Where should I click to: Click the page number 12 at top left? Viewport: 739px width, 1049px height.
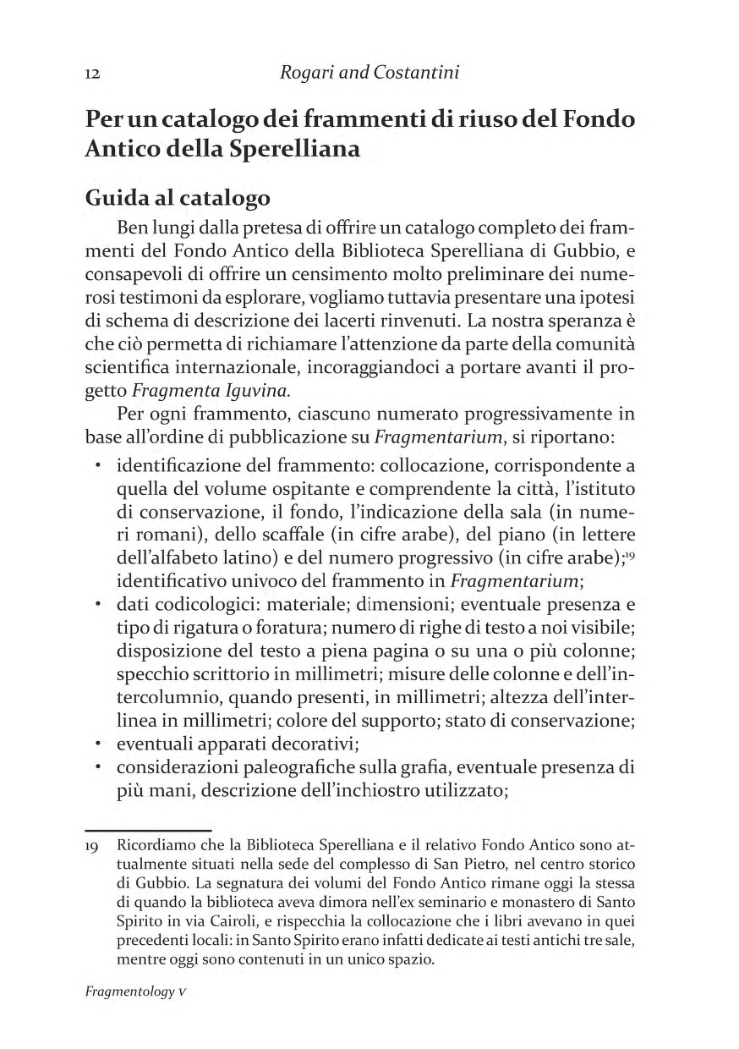tap(93, 74)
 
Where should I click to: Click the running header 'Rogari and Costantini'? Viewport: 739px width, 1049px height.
tap(369, 73)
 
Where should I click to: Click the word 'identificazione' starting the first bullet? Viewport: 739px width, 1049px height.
tap(173, 466)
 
